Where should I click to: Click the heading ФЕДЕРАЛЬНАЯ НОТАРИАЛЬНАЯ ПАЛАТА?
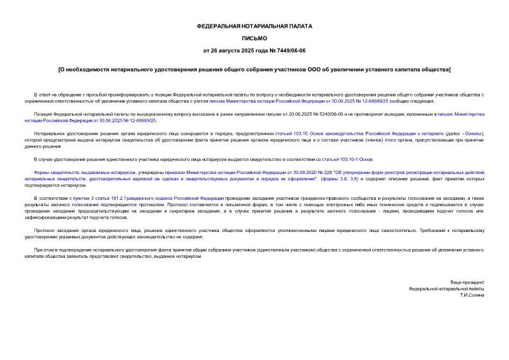254,26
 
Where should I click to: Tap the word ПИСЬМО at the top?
254,38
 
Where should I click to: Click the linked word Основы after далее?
474,134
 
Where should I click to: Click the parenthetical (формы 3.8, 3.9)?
341,178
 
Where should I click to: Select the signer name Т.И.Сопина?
472,295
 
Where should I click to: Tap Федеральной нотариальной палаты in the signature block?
447,289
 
